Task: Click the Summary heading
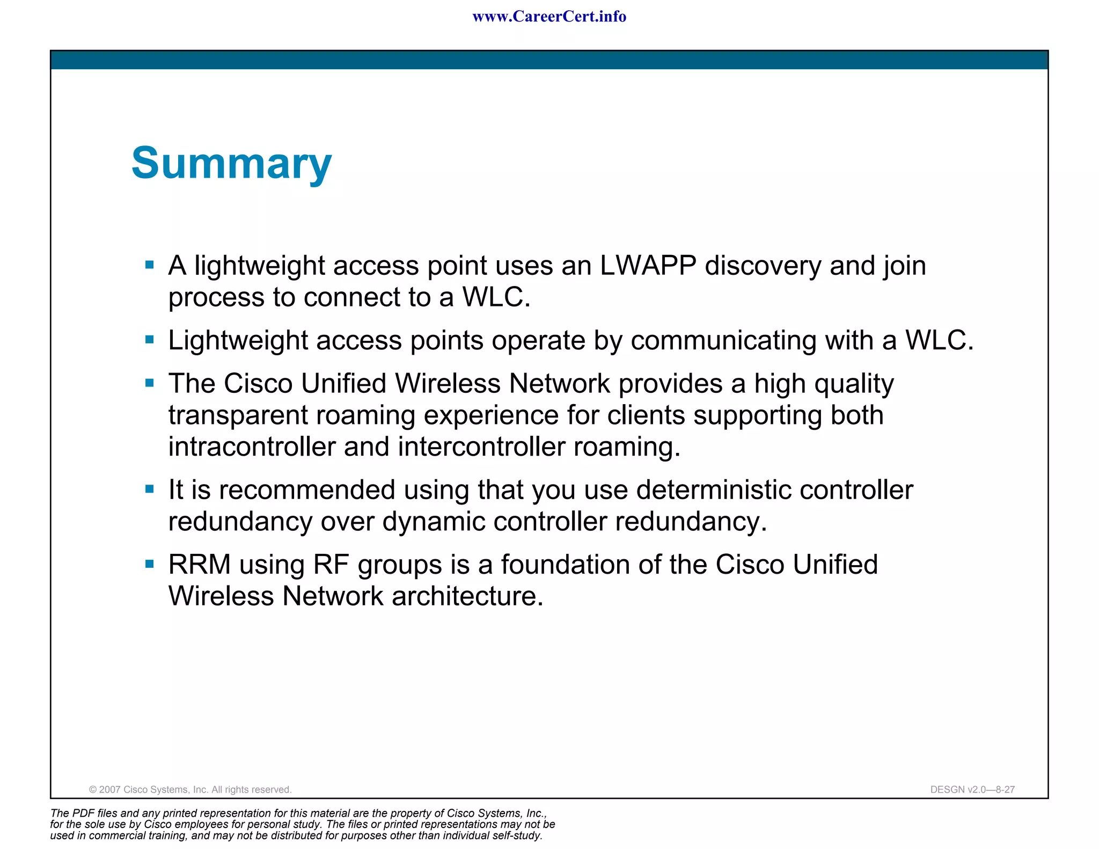click(x=231, y=163)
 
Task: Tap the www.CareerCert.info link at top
click(x=549, y=17)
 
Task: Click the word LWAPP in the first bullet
click(x=648, y=266)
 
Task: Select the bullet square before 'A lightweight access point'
click(x=150, y=265)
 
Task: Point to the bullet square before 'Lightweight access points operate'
click(x=150, y=340)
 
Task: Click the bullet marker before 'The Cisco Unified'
click(x=150, y=383)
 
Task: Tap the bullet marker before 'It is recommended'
click(x=150, y=489)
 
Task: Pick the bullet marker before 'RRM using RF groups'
click(x=150, y=563)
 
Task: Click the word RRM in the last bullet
click(x=199, y=565)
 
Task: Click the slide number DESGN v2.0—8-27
click(x=972, y=789)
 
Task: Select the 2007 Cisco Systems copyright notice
click(x=190, y=789)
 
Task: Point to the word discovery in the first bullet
click(x=763, y=266)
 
